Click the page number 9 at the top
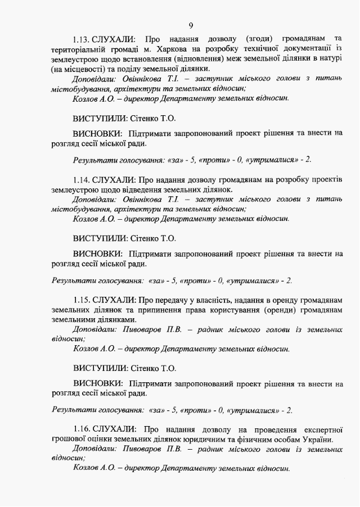click(191, 24)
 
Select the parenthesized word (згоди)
click(259, 39)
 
